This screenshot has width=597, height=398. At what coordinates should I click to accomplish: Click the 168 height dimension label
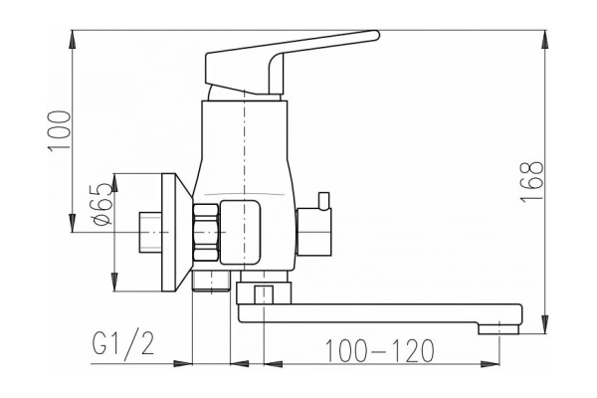(x=531, y=182)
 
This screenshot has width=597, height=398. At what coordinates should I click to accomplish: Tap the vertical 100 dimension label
(x=59, y=131)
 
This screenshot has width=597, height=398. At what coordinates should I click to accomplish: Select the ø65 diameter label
(x=101, y=204)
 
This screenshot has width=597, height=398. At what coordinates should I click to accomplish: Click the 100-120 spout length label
(x=380, y=350)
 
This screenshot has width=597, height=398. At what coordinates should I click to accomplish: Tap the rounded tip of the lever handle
(x=376, y=35)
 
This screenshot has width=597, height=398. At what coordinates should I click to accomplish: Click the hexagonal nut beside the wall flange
(x=206, y=232)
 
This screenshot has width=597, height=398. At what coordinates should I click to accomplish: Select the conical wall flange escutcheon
(x=176, y=232)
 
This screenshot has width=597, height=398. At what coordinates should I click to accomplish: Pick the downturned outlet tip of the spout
(x=498, y=328)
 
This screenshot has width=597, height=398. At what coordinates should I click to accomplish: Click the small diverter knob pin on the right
(x=324, y=201)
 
